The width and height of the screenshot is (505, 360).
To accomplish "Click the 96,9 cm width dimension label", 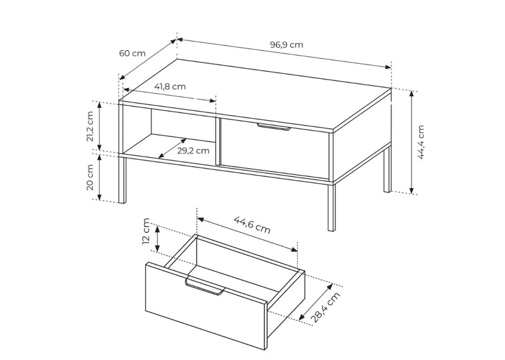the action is coord(287,44).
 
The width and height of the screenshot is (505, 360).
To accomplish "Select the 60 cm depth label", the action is coord(133,53).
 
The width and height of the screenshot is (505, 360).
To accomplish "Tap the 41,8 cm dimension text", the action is coord(170,87).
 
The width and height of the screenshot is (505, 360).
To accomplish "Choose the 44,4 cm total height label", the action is coord(421,142).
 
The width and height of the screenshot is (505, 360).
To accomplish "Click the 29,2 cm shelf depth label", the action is coord(193,150).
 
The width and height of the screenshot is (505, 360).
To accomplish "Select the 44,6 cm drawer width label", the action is coord(252,225).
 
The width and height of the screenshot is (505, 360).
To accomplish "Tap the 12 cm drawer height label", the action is coord(146,231).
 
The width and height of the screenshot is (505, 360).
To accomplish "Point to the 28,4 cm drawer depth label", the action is coord(326,307).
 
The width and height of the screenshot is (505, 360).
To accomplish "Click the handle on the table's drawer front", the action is coord(274,127).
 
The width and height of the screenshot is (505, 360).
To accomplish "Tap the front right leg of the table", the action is coord(331,207).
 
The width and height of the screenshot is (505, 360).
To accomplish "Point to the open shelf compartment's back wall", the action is coord(183,126).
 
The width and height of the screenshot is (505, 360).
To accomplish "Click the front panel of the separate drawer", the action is coord(206,306).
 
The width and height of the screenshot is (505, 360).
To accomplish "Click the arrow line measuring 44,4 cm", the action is coord(412,143).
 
